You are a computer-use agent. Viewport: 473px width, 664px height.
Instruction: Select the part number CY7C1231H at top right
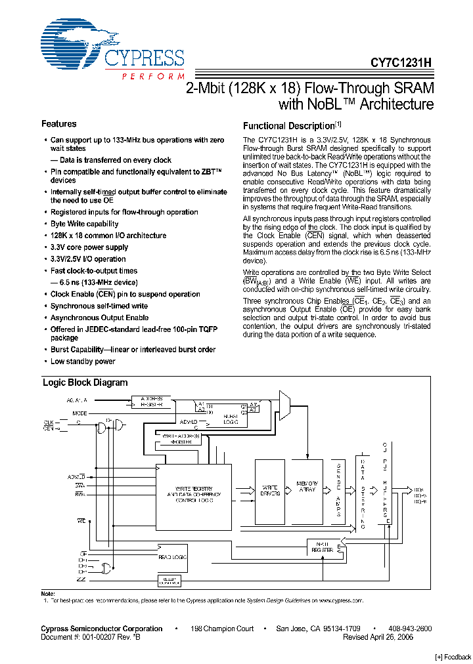point(401,63)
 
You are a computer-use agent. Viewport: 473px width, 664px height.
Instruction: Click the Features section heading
point(59,124)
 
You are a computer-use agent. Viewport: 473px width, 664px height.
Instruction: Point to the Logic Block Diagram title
point(85,383)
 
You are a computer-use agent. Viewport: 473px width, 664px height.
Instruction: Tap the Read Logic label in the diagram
point(173,556)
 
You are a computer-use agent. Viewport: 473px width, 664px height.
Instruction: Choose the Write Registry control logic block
point(194,495)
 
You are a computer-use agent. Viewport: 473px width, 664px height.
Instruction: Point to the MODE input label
point(79,413)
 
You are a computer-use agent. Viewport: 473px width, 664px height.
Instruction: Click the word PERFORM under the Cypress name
point(153,77)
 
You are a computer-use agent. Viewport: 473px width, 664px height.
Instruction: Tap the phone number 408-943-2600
point(410,629)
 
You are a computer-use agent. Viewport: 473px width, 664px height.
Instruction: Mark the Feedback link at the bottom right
point(453,657)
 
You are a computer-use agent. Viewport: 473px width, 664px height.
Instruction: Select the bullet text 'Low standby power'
point(83,362)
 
